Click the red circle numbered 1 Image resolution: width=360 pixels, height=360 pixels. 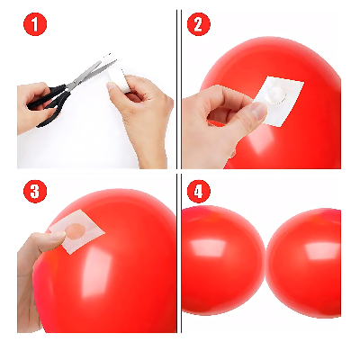(34, 25)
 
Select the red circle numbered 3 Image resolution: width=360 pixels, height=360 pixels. (34, 193)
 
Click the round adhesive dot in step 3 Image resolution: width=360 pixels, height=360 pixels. (79, 232)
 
